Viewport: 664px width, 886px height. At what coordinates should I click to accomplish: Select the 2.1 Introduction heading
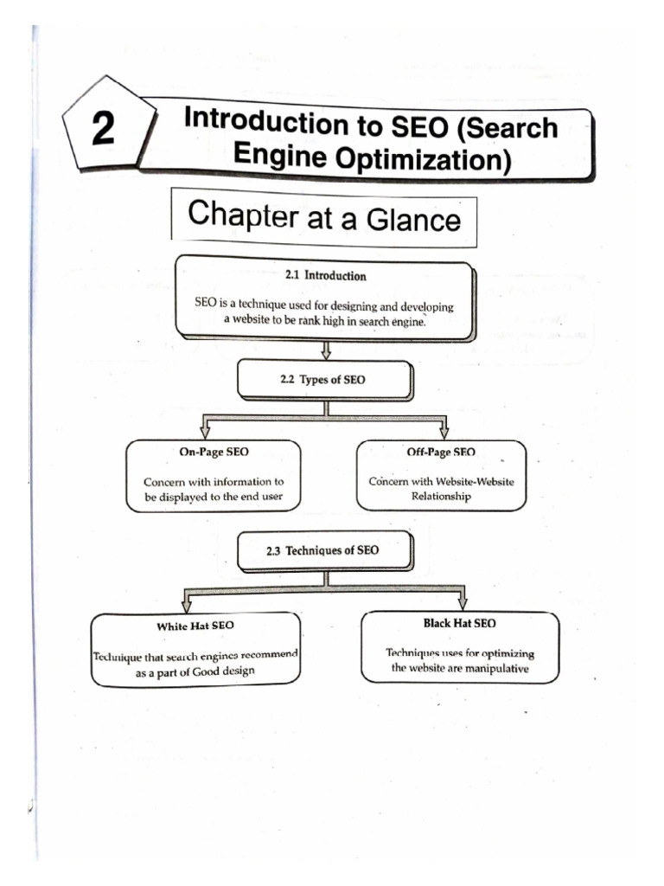[x=325, y=276]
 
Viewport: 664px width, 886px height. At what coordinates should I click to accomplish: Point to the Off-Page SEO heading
[x=441, y=452]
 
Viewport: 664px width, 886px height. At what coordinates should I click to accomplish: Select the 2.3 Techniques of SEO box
[x=325, y=549]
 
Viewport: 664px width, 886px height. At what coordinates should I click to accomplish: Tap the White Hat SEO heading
[x=195, y=624]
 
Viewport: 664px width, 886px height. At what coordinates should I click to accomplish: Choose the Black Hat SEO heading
[x=460, y=622]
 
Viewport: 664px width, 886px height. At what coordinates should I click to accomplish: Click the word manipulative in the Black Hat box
[x=496, y=668]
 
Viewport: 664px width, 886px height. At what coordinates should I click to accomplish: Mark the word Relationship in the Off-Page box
[x=441, y=497]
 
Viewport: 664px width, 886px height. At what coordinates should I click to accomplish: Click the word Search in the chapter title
[x=510, y=128]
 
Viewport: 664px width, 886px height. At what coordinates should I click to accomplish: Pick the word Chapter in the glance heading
[x=242, y=214]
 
